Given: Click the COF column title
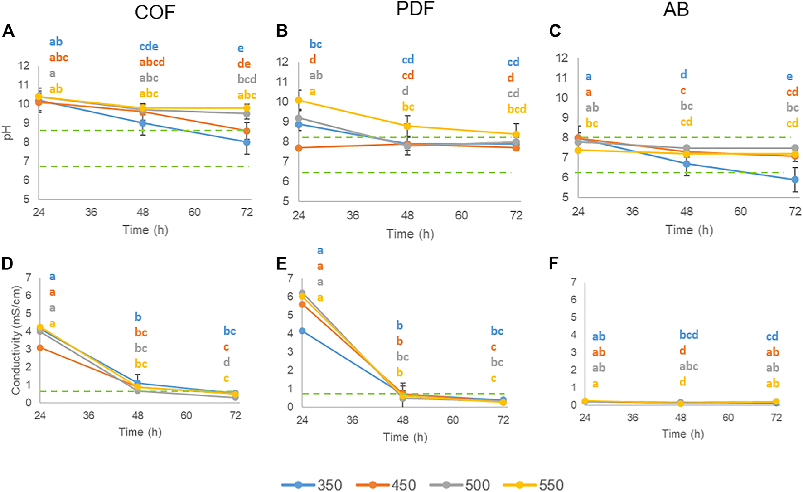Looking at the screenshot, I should tap(155, 12).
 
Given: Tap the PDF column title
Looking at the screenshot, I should tap(415, 9).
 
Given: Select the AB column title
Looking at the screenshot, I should tap(676, 10).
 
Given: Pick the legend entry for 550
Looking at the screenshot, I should tap(533, 485).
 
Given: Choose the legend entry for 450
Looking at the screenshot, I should tap(386, 485).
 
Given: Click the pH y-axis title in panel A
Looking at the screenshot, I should tap(8, 132).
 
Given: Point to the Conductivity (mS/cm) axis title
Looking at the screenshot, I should tap(16, 340).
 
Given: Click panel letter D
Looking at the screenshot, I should tap(7, 264).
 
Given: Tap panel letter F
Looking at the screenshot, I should tap(553, 264).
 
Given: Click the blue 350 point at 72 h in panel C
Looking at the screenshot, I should tap(794, 180).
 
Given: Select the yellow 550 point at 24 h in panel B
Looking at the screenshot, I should tap(299, 100).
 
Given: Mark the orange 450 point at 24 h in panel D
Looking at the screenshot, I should tap(40, 348).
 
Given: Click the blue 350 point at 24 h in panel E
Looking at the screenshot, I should tap(302, 331).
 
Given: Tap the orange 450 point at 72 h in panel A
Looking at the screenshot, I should tap(247, 131).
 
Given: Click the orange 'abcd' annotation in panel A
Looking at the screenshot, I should tap(152, 62).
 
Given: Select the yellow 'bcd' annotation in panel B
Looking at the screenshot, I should tap(517, 109).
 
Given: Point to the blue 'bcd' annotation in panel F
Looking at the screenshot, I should tap(688, 335).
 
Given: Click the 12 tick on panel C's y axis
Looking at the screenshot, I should tap(561, 58).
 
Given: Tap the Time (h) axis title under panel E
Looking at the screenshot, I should tap(405, 437).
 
